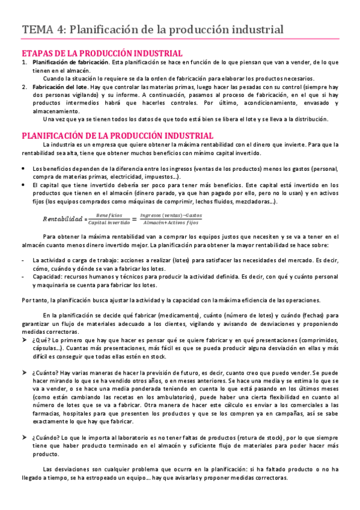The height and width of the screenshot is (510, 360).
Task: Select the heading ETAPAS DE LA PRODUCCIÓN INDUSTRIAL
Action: coord(102,53)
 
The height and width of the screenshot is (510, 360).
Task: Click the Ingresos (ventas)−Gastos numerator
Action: coord(170,215)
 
